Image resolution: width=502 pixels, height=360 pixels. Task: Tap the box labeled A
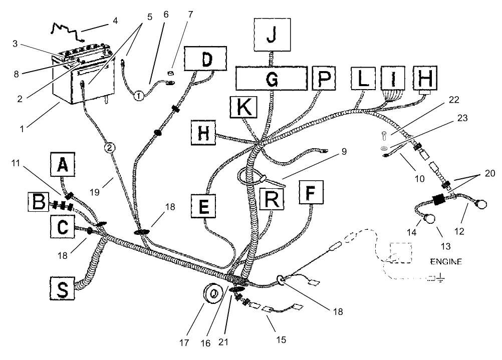(63, 164)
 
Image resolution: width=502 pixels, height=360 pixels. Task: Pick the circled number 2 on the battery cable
(111, 147)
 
